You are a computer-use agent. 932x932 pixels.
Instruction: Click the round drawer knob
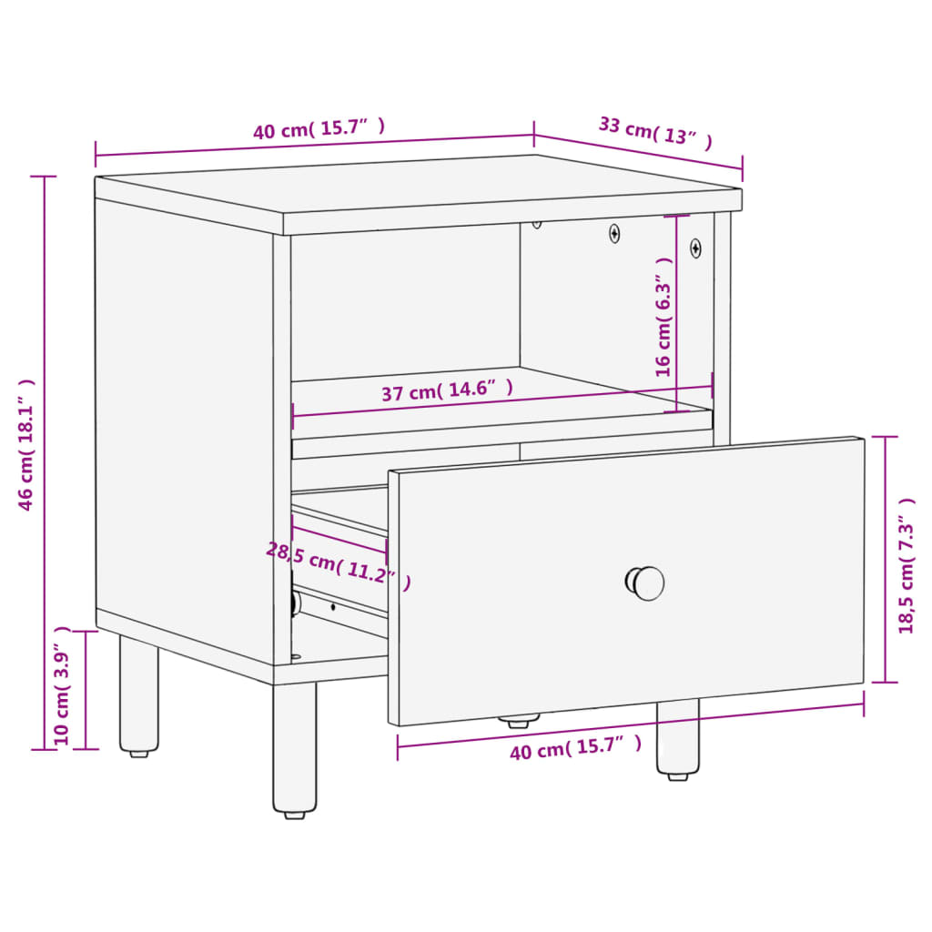click(x=645, y=582)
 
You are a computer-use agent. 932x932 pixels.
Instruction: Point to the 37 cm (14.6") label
click(x=447, y=391)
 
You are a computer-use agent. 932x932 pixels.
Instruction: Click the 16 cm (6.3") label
click(x=664, y=316)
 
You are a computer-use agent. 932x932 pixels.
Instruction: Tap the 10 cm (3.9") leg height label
click(x=63, y=685)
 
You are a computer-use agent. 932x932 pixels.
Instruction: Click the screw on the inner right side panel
click(x=695, y=247)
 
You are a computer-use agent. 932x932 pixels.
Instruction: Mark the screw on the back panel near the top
click(x=615, y=233)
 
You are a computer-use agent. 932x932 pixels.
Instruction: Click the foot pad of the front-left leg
click(x=295, y=814)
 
